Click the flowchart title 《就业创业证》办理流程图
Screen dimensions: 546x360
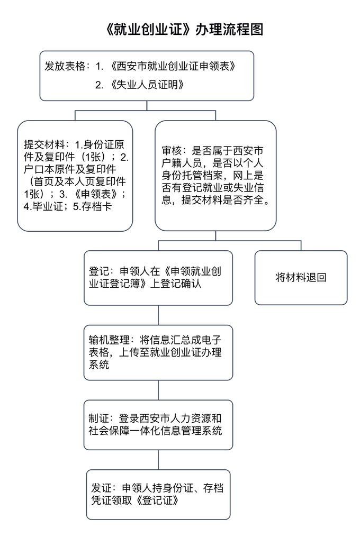point(180,29)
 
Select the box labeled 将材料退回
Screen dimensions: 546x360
point(301,277)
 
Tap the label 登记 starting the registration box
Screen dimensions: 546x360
point(99,272)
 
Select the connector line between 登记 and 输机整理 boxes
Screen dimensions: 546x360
point(159,315)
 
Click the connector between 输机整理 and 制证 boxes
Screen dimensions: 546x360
point(159,390)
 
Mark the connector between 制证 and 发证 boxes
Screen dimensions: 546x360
point(159,460)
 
